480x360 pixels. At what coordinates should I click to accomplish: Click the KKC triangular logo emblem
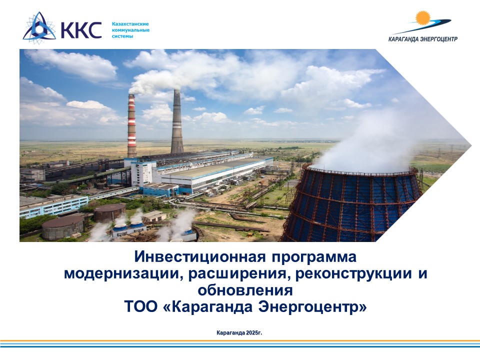pos(39,27)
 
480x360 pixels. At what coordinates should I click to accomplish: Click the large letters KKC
pos(81,29)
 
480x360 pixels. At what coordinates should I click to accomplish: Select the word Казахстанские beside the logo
pos(130,24)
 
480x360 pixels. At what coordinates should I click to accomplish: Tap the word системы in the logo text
pos(122,36)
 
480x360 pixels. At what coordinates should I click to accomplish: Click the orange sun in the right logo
pos(423,18)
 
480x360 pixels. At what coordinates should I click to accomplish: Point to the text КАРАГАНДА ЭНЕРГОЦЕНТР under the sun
pos(423,39)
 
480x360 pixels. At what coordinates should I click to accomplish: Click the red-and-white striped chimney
pos(131,126)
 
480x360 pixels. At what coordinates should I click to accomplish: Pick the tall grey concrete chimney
pos(176,121)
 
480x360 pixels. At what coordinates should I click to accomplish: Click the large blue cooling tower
pos(352,203)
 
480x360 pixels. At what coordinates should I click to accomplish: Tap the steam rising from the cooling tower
pos(379,141)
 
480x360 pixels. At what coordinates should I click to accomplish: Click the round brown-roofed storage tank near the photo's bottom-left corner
pos(63,227)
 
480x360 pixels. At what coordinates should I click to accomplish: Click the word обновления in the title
pos(245,290)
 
